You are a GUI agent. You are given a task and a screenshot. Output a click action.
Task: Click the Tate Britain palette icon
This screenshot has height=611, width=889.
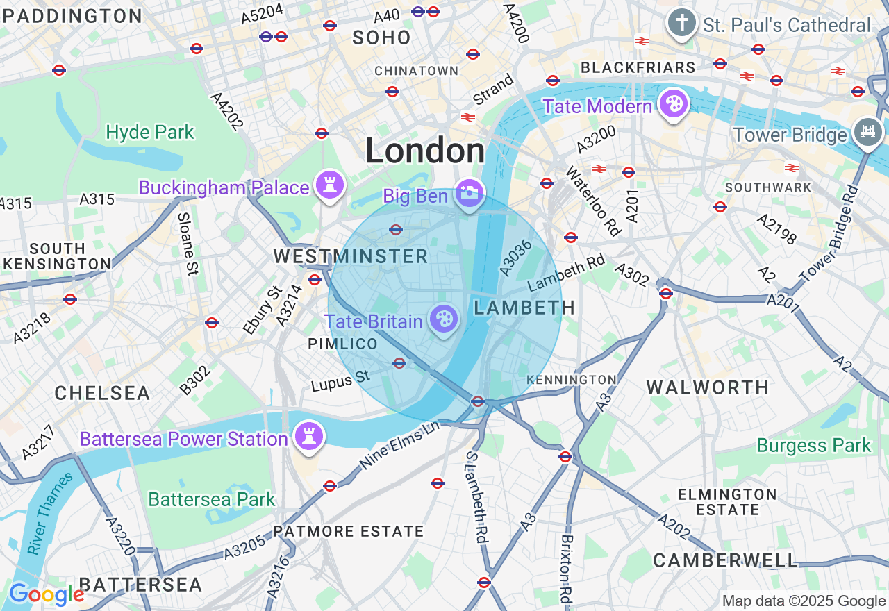pyautogui.click(x=444, y=319)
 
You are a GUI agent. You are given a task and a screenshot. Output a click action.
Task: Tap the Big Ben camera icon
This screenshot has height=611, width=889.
pyautogui.click(x=470, y=193)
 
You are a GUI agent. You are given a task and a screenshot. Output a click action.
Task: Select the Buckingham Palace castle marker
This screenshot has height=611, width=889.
pyautogui.click(x=330, y=185)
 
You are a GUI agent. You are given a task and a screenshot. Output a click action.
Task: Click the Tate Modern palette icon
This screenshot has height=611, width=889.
pyautogui.click(x=673, y=104)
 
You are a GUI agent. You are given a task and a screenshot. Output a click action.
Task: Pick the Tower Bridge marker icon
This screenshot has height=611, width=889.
pyautogui.click(x=867, y=132)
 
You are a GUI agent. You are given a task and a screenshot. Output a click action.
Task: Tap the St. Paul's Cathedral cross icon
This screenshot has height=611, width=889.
pyautogui.click(x=681, y=24)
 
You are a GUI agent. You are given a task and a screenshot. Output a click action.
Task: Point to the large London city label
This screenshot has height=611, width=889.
pyautogui.click(x=425, y=151)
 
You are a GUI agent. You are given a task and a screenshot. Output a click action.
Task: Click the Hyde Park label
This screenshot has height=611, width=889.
pyautogui.click(x=150, y=132)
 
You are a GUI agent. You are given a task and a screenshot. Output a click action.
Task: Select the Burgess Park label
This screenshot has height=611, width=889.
pyautogui.click(x=814, y=445)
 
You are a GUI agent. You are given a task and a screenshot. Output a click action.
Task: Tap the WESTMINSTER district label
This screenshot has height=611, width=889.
pyautogui.click(x=351, y=256)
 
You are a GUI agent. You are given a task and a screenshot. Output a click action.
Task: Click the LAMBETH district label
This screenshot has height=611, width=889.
pyautogui.click(x=524, y=308)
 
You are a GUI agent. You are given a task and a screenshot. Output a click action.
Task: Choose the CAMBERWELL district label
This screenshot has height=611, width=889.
pyautogui.click(x=726, y=560)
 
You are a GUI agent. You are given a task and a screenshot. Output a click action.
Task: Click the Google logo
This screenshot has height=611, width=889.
pyautogui.click(x=47, y=594)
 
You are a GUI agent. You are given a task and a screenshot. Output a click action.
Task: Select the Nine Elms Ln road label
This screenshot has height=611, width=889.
pyautogui.click(x=400, y=444)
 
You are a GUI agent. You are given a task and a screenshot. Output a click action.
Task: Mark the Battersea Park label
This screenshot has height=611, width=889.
pyautogui.click(x=212, y=499)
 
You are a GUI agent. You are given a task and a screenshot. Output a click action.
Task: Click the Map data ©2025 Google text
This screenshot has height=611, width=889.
pyautogui.click(x=804, y=601)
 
